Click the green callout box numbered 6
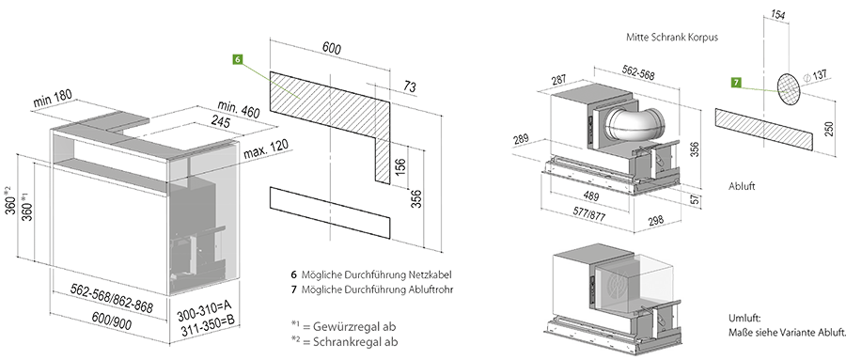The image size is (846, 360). pyautogui.click(x=238, y=59)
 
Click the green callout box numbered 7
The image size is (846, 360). pyautogui.click(x=736, y=83)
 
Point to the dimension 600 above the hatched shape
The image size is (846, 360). pyautogui.click(x=332, y=49)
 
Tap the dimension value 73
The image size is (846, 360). pyautogui.click(x=410, y=86)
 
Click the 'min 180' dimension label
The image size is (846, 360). pyautogui.click(x=53, y=99)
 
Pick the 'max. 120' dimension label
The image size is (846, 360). pyautogui.click(x=265, y=149)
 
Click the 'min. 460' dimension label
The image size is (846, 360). pyautogui.click(x=239, y=110)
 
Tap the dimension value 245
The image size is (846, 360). pyautogui.click(x=220, y=122)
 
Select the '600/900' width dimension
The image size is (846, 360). pyautogui.click(x=112, y=321)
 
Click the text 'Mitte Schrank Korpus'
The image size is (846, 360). pyautogui.click(x=672, y=38)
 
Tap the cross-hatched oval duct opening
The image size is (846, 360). pyautogui.click(x=789, y=88)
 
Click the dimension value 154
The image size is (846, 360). pyautogui.click(x=777, y=15)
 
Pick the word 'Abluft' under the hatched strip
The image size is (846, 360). pyautogui.click(x=742, y=186)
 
